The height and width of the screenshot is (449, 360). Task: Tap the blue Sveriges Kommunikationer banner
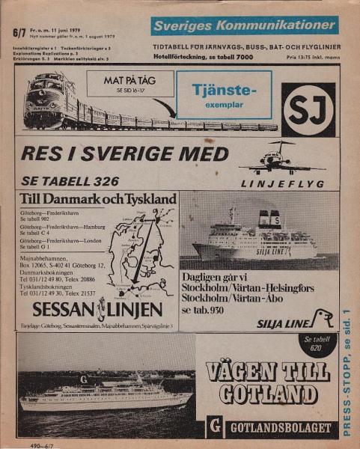pyautogui.click(x=244, y=26)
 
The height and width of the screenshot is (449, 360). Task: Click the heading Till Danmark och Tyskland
pyautogui.click(x=98, y=200)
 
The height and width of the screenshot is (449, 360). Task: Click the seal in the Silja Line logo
pyautogui.click(x=321, y=318)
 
